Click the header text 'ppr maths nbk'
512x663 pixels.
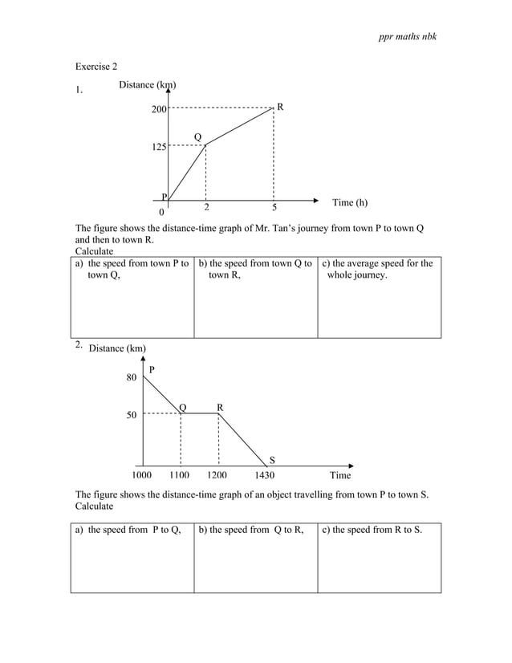point(408,38)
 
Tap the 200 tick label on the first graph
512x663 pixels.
point(159,109)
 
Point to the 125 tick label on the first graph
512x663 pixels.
point(159,148)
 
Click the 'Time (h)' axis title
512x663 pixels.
point(350,203)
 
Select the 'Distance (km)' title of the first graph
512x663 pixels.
point(148,85)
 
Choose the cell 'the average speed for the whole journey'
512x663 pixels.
point(379,270)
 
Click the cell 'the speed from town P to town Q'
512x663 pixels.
point(132,270)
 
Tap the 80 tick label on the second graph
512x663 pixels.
point(131,377)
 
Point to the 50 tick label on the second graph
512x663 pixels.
point(131,415)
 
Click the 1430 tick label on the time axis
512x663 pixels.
point(265,475)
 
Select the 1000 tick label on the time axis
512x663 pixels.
point(142,475)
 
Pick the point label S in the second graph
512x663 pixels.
point(271,460)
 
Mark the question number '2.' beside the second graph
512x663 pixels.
point(78,344)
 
